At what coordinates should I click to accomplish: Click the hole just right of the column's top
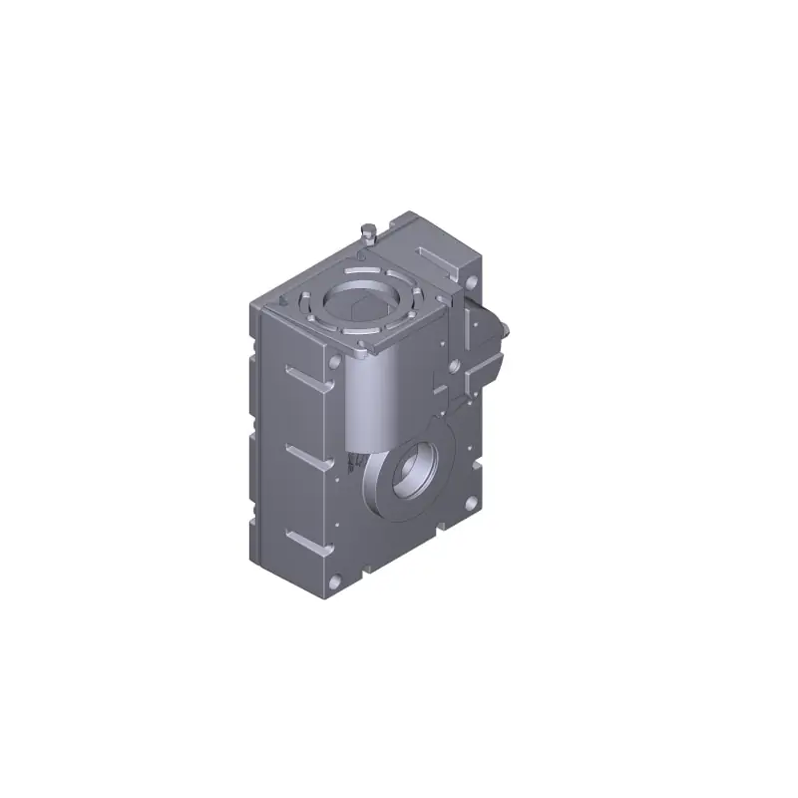pos(455,366)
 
